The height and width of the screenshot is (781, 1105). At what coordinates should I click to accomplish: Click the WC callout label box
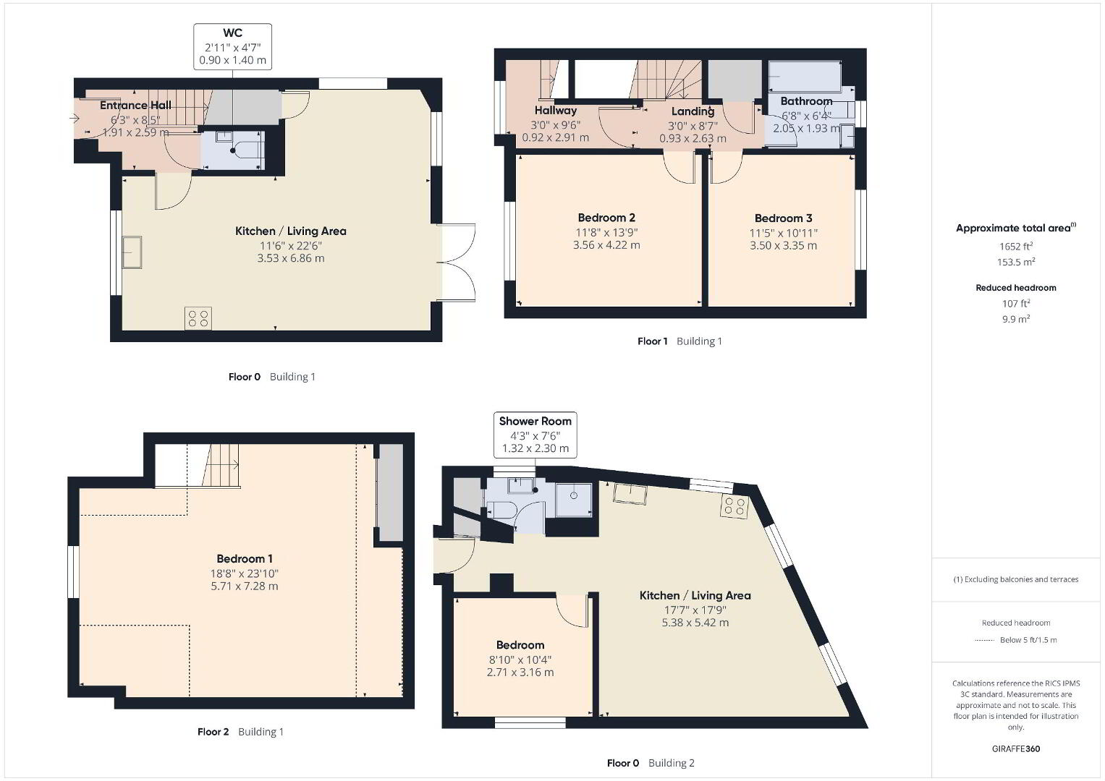tap(232, 46)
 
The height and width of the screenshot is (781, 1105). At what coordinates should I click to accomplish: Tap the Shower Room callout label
tap(535, 435)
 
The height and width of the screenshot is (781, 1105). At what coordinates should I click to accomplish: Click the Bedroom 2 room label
tap(606, 218)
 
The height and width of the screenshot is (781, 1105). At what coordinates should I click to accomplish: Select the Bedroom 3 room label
tap(784, 218)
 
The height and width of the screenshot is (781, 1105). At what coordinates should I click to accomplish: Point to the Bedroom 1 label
tap(244, 558)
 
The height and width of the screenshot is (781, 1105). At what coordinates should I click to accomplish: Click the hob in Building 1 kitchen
tap(198, 318)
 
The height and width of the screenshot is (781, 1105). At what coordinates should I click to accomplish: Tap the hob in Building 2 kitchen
tap(734, 506)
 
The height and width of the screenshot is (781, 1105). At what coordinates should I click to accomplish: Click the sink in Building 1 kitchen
tap(132, 252)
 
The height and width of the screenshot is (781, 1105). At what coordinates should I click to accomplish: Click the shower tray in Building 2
tap(574, 500)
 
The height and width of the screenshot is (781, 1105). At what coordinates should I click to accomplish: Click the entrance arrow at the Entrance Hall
tap(75, 119)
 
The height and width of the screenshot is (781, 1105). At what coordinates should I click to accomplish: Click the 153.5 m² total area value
tap(1016, 261)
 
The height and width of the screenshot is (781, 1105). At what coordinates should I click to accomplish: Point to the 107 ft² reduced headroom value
tap(1016, 303)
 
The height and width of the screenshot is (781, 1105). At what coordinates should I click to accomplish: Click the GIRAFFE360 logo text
tap(1016, 748)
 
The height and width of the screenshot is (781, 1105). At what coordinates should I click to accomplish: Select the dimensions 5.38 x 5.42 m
tap(695, 622)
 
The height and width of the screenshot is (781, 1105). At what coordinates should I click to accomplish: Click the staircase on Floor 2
tap(221, 466)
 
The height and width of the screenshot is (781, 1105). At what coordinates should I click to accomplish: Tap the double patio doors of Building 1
tap(459, 263)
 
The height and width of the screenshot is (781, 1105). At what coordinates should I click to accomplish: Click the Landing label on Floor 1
tap(693, 111)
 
